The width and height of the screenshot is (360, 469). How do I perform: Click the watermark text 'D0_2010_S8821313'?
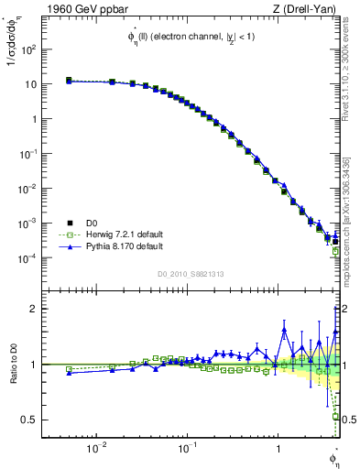pos(191,273)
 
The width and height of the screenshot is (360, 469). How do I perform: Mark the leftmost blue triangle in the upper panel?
pos(69,81)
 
